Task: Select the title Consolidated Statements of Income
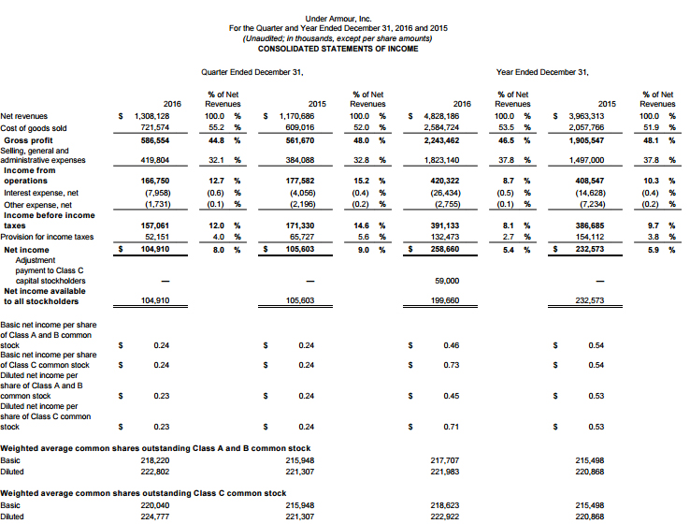[338, 48]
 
